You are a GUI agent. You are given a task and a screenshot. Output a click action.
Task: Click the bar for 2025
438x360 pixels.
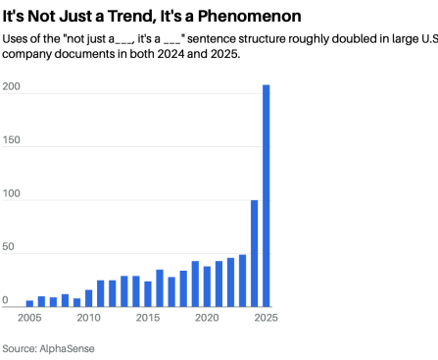(267, 196)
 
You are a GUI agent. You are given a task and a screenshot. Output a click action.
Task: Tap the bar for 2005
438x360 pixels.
(29, 303)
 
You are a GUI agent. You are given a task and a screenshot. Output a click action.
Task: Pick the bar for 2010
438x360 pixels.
(88, 298)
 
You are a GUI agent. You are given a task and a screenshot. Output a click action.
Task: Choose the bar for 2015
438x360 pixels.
(148, 293)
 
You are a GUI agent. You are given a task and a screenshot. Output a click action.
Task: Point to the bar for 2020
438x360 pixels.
(207, 286)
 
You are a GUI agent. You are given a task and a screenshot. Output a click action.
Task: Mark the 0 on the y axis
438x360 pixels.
(4, 301)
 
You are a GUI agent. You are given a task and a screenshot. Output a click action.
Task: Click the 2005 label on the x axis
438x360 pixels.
(29, 318)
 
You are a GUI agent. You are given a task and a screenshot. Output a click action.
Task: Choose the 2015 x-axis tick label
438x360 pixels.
(148, 318)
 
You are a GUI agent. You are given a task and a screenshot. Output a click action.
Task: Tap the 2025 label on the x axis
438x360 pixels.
(265, 318)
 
